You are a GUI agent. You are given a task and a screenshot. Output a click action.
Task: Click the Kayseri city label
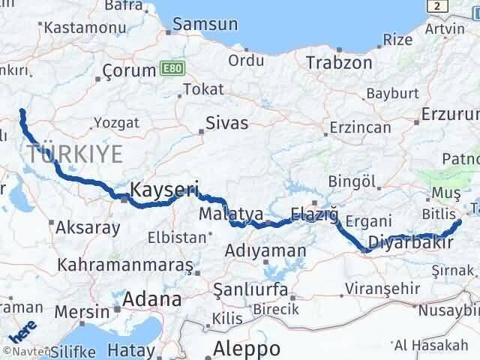[x=163, y=190]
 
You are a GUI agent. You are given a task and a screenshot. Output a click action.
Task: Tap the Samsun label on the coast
[x=205, y=24]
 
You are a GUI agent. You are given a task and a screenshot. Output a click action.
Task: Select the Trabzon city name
[x=338, y=63]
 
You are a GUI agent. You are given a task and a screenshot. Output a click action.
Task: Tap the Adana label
[x=152, y=300]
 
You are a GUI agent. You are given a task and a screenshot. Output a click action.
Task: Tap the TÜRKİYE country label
[x=75, y=155]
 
